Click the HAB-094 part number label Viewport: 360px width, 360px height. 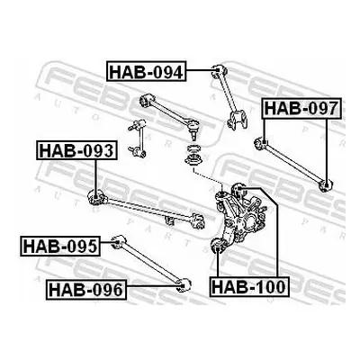point(147,71)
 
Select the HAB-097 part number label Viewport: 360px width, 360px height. point(301,108)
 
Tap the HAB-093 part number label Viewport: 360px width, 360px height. point(76,150)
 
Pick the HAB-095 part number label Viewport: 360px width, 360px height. point(60,246)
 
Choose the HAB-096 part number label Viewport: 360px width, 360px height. point(86,290)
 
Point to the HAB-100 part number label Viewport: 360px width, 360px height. point(249,286)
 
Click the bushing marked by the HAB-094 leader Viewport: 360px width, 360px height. point(218,72)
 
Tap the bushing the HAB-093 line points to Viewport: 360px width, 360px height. point(95,198)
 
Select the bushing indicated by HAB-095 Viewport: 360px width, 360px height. point(119,241)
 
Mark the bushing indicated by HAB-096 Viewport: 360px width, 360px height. point(183,285)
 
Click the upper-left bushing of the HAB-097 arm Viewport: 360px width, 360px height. point(261,143)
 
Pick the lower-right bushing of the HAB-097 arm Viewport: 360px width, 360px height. point(325,185)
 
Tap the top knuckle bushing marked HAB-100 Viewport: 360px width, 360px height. point(239,189)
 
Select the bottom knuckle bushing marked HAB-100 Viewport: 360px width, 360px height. point(218,246)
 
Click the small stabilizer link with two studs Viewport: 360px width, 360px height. point(138,139)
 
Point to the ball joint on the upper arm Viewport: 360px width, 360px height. point(193,128)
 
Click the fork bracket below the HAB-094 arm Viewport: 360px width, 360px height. point(238,120)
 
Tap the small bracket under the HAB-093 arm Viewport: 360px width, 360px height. point(170,220)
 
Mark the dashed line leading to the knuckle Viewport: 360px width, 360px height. point(207,179)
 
